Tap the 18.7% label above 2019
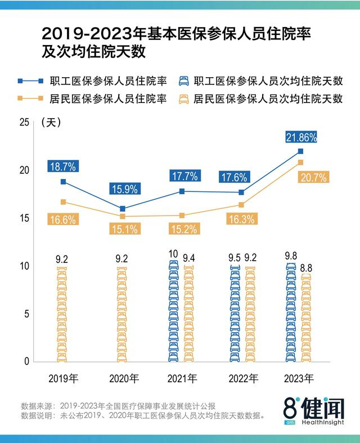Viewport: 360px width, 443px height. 62,166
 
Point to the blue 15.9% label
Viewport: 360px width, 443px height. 123,189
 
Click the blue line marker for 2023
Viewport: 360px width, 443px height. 300,151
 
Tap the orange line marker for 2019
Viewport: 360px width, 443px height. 63,202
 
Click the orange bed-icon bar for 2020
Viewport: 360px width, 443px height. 122,315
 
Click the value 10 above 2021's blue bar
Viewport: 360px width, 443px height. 173,254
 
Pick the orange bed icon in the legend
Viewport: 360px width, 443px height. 183,99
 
